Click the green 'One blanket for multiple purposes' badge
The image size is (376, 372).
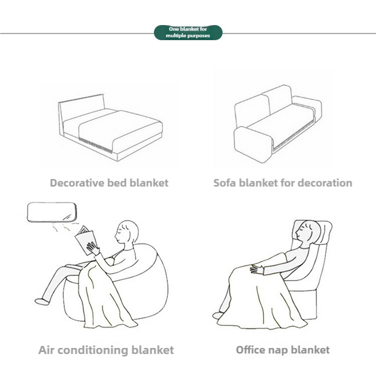(x=188, y=32)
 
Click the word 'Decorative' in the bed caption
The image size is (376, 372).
(x=75, y=183)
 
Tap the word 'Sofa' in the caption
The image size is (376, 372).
(x=225, y=183)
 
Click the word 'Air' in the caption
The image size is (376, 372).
(x=46, y=350)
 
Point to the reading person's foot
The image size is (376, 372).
(x=41, y=300)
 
